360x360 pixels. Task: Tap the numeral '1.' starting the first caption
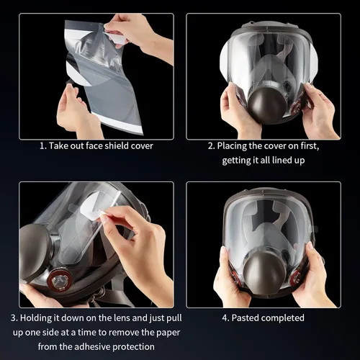43,146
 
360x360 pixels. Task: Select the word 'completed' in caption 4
283,318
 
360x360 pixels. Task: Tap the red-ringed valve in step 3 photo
59,279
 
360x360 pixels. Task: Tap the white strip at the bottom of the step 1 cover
117,123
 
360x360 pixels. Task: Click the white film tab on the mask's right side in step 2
314,63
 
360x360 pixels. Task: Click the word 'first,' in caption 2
310,145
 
